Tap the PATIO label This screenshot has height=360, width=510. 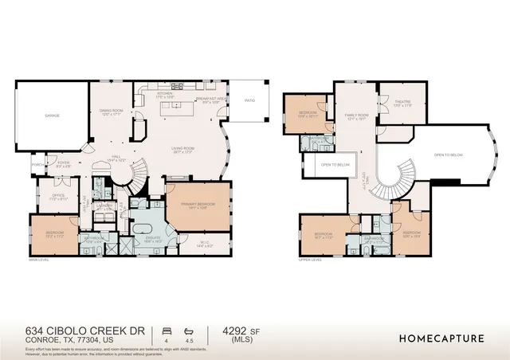coord(250,100)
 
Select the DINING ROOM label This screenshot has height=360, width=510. coord(112,112)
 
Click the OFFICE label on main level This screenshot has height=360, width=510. coord(36,197)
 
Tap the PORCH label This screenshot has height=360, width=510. coord(37,165)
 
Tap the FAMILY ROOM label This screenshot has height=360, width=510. coord(356,117)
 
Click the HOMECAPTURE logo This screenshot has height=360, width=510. coord(441,338)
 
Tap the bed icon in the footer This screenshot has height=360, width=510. coord(167,330)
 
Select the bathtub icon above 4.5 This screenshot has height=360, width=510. coord(188,330)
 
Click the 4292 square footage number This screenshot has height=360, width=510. coord(227,331)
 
